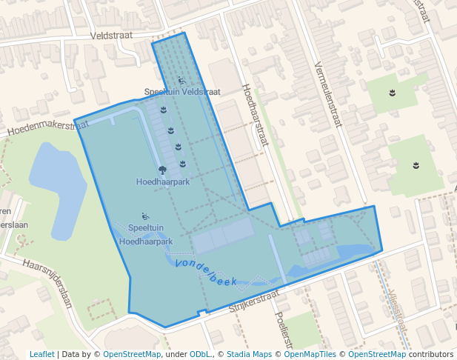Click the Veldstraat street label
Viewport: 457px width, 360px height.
[111, 35]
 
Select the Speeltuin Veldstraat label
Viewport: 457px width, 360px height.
[182, 92]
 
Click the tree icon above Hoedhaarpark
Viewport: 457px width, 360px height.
[162, 170]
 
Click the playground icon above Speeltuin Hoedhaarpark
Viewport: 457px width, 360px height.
[146, 216]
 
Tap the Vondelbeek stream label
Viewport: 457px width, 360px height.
[206, 272]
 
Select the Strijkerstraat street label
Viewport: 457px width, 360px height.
[253, 301]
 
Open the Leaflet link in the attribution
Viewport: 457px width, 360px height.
[42, 354]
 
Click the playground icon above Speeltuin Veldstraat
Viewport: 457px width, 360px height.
[181, 80]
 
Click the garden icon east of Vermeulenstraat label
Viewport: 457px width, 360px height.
[392, 93]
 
